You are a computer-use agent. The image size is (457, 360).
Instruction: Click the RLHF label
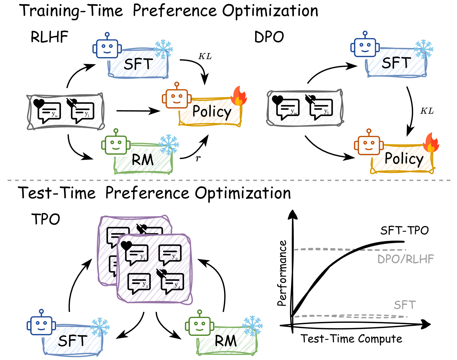click(x=49, y=37)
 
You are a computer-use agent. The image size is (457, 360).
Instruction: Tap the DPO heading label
click(x=269, y=37)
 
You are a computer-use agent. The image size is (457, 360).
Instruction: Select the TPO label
click(x=46, y=219)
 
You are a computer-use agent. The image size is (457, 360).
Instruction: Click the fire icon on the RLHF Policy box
click(x=238, y=96)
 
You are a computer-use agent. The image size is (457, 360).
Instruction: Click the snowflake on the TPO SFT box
click(x=100, y=327)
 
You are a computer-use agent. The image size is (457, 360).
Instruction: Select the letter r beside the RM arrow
click(x=198, y=158)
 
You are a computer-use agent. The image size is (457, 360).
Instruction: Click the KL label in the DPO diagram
click(x=427, y=111)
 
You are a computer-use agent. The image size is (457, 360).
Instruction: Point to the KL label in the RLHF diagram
click(x=205, y=56)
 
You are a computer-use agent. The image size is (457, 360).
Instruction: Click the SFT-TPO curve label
click(x=405, y=231)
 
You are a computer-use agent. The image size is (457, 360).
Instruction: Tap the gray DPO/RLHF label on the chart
click(x=405, y=259)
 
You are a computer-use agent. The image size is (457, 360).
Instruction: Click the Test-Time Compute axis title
click(x=351, y=339)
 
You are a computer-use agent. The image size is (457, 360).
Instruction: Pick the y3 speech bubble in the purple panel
click(x=139, y=283)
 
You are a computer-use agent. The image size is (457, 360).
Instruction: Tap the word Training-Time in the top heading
click(x=72, y=11)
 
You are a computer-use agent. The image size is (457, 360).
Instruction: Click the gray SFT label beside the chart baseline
click(x=405, y=305)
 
